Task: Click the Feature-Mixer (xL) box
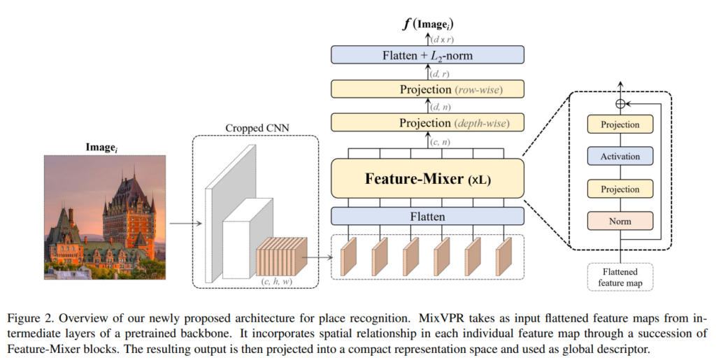tap(427, 179)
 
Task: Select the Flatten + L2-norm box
tap(427, 55)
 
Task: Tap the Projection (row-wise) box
tap(427, 89)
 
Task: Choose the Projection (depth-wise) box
tap(427, 123)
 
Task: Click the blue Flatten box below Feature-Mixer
tap(427, 216)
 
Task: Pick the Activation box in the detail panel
tap(620, 157)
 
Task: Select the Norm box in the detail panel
tap(620, 221)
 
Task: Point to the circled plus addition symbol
tap(620, 103)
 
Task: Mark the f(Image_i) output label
tap(427, 23)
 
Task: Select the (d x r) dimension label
tap(441, 38)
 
